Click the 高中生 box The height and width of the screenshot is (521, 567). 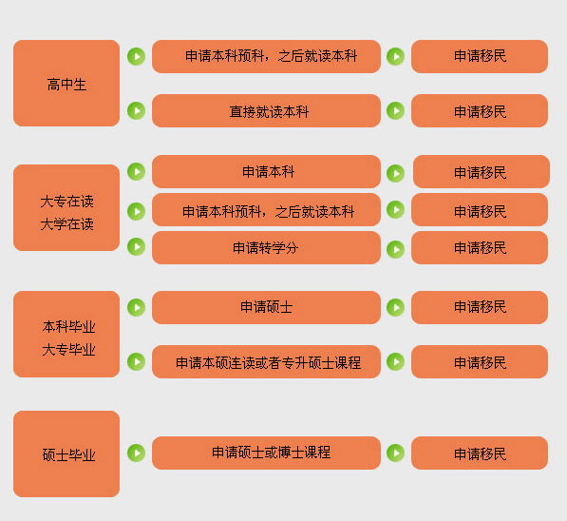[x=66, y=84]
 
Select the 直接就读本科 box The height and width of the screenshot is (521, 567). [x=266, y=111]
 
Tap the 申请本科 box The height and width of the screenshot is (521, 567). [x=266, y=172]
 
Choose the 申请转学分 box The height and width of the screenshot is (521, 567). [x=266, y=247]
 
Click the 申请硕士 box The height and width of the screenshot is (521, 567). [x=266, y=307]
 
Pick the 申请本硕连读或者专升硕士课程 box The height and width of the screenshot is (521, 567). [x=266, y=361]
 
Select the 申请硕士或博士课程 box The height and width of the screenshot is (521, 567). [x=266, y=453]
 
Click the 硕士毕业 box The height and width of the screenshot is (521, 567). [x=66, y=454]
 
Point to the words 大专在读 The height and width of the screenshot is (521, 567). [x=66, y=202]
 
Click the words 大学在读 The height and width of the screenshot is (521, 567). [x=66, y=224]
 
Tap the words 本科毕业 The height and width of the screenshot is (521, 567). [x=68, y=326]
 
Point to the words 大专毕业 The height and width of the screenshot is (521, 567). [x=68, y=350]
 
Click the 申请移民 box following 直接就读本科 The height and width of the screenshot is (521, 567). [x=480, y=111]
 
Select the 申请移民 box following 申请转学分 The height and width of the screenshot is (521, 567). [x=480, y=247]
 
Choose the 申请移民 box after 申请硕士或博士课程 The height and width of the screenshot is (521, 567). [x=480, y=453]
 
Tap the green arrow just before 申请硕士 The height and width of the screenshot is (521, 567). [x=137, y=307]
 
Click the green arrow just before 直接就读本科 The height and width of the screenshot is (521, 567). [x=137, y=111]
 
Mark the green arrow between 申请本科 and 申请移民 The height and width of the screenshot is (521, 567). [x=396, y=173]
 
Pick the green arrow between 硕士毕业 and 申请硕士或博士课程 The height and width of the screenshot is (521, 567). [x=137, y=453]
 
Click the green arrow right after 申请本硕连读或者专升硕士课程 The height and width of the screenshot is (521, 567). [x=396, y=361]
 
